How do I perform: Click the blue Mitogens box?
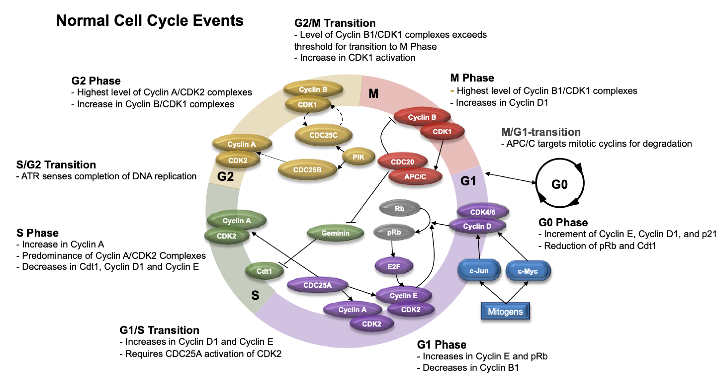pyautogui.click(x=505, y=311)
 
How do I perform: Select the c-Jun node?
pyautogui.click(x=479, y=271)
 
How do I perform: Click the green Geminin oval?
pyautogui.click(x=335, y=233)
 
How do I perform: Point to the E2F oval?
pyautogui.click(x=394, y=266)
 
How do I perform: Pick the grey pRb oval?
pyautogui.click(x=394, y=232)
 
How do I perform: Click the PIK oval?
pyautogui.click(x=358, y=157)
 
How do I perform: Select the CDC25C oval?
pyautogui.click(x=324, y=135)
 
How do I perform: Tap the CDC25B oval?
pyautogui.click(x=307, y=170)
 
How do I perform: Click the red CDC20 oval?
pyautogui.click(x=402, y=162)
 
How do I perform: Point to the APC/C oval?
pyautogui.click(x=415, y=177)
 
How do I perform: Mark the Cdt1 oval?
pyautogui.click(x=264, y=271)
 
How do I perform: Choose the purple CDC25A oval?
pyautogui.click(x=317, y=285)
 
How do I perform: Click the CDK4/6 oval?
pyautogui.click(x=483, y=212)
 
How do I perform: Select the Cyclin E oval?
pyautogui.click(x=404, y=296)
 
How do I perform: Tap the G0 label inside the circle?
pyautogui.click(x=559, y=184)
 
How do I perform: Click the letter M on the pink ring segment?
pyautogui.click(x=373, y=94)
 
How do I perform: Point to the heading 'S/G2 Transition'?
pyautogui.click(x=56, y=164)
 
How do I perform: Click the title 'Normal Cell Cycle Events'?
pyautogui.click(x=150, y=21)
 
